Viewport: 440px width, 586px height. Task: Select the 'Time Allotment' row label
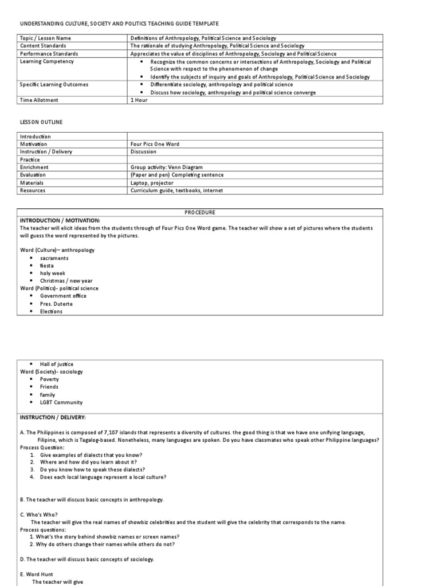click(x=39, y=100)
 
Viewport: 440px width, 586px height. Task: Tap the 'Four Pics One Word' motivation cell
click(x=155, y=144)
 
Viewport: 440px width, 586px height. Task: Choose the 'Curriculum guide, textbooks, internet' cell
click(x=176, y=191)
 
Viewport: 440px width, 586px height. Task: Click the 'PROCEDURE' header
click(x=200, y=212)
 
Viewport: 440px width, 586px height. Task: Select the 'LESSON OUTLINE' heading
click(x=41, y=122)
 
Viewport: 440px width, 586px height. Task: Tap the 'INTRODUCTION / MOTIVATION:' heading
click(x=60, y=220)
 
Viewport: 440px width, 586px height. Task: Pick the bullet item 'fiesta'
click(x=47, y=266)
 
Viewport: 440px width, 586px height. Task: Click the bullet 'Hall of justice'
click(x=57, y=364)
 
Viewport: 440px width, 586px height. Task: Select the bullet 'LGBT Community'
click(x=61, y=402)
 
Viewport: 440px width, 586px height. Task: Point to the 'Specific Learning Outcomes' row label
click(x=54, y=85)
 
